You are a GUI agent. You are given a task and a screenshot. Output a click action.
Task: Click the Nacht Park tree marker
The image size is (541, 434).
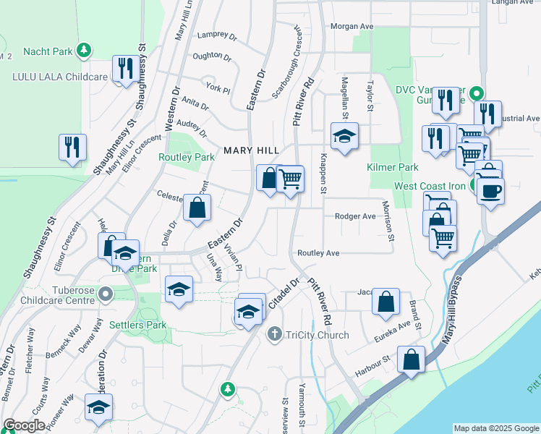tap(85, 50)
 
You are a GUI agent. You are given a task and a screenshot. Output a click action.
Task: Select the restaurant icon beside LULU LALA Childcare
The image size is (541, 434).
tap(126, 69)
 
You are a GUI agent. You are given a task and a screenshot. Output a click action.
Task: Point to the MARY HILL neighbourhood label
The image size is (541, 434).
tap(251, 150)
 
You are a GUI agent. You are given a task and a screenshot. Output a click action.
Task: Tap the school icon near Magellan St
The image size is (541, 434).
tap(344, 135)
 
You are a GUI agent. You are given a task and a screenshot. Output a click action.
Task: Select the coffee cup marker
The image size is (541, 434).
tap(490, 191)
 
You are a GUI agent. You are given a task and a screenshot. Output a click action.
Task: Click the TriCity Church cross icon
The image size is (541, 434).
tap(274, 334)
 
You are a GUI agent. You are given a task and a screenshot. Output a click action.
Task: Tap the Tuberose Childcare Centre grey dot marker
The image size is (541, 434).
tap(106, 294)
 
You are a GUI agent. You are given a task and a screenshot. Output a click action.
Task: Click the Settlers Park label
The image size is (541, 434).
tap(138, 325)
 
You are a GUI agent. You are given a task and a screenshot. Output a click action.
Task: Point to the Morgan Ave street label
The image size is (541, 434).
tap(352, 26)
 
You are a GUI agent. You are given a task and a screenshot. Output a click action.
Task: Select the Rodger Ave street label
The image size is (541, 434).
tap(355, 216)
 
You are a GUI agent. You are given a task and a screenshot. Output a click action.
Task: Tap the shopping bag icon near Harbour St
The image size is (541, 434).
tap(412, 359)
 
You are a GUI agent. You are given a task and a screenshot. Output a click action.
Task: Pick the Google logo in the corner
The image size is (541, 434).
tap(24, 425)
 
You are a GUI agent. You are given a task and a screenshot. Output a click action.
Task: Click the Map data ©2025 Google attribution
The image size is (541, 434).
tap(496, 428)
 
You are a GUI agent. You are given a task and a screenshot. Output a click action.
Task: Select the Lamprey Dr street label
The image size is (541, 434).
tap(212, 34)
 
